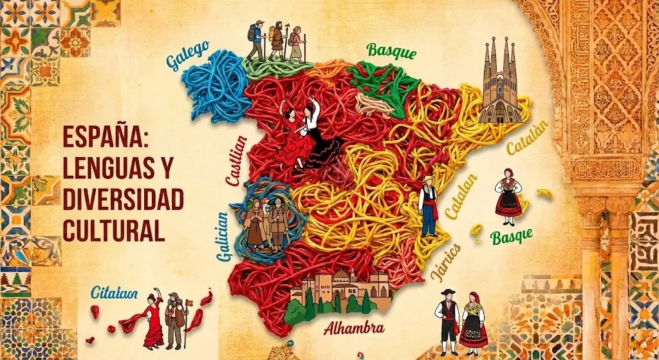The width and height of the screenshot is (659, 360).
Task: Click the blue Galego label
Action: tap(187, 56)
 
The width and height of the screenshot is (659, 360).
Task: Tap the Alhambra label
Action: tap(354, 328)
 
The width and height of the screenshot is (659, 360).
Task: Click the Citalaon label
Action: tap(114, 293)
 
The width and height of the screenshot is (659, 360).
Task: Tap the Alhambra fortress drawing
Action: tap(341, 293)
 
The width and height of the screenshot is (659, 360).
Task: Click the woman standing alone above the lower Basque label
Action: tap(508, 196)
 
